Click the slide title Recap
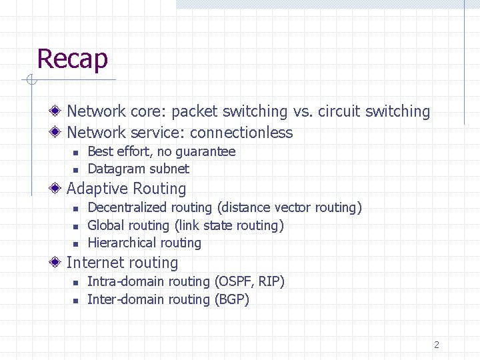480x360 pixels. click(72, 59)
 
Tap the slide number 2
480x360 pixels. click(437, 345)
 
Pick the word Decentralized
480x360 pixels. click(126, 207)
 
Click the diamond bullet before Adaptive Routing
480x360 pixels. click(59, 189)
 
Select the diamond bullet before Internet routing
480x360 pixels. click(59, 262)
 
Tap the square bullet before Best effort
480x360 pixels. click(76, 153)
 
